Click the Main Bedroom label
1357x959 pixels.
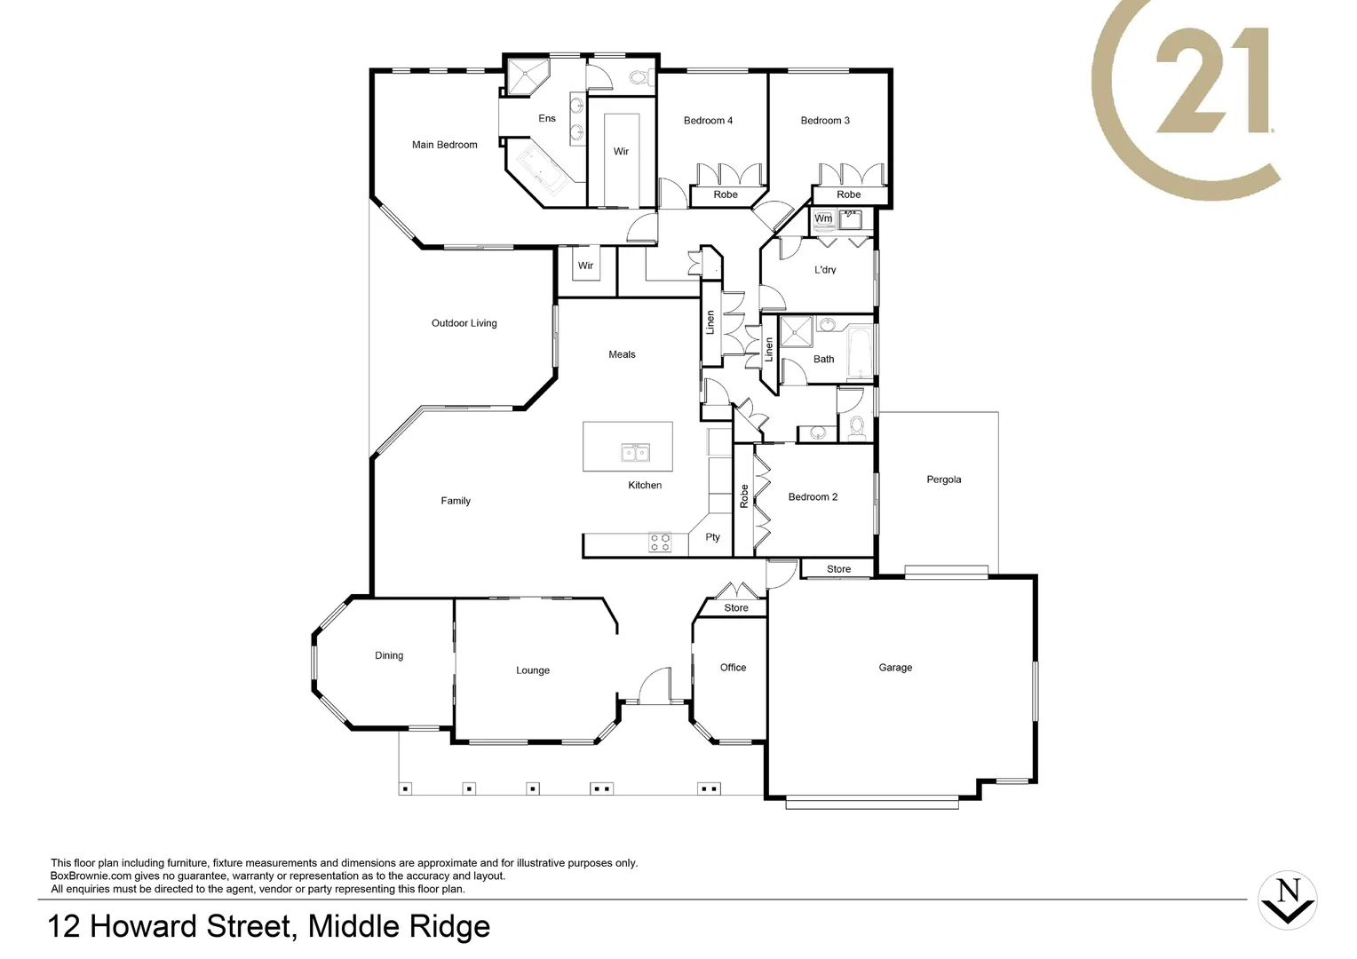click(x=444, y=145)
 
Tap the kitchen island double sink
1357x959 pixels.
click(x=635, y=454)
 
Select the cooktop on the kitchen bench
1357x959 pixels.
click(x=660, y=543)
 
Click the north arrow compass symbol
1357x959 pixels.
click(x=1288, y=900)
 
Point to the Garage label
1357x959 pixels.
click(x=895, y=668)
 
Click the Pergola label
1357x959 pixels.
click(x=943, y=479)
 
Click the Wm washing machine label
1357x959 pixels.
click(x=823, y=218)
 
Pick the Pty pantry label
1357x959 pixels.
click(x=712, y=537)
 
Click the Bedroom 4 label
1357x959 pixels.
click(x=708, y=121)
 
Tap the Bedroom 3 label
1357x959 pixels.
click(x=825, y=121)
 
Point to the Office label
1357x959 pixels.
click(x=733, y=668)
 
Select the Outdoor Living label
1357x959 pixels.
click(x=464, y=323)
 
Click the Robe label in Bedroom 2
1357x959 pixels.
click(x=744, y=496)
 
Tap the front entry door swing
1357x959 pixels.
click(x=657, y=686)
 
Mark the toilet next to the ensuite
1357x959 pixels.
click(x=639, y=77)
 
